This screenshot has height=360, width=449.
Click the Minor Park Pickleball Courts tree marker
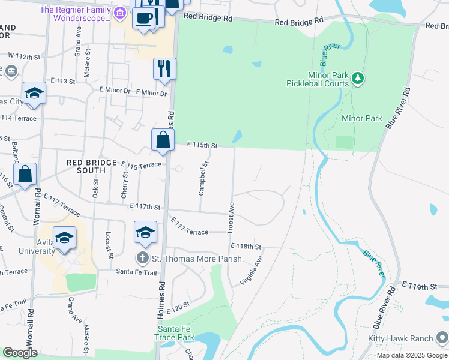358,78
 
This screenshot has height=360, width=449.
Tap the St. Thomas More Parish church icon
142,259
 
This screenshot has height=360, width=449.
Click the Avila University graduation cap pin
64,238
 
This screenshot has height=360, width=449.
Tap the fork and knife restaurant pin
164,69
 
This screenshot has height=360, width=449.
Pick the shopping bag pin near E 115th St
163,140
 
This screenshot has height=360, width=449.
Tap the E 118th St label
246,246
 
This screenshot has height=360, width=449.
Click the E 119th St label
418,285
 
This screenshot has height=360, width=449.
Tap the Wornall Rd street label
37,208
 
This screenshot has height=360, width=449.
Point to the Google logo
20,353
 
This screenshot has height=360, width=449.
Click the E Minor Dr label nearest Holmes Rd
151,92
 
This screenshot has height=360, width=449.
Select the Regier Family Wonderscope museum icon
119,12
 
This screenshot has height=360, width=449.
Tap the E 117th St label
145,207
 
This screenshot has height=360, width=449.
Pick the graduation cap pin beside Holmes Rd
145,232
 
